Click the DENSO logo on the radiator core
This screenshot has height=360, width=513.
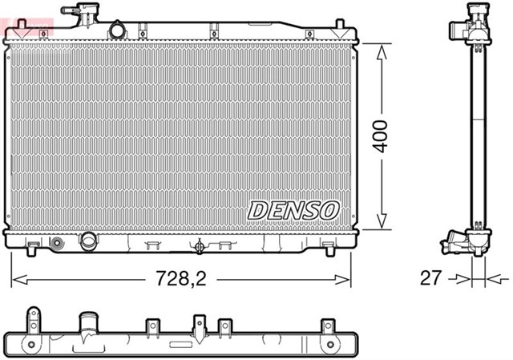pos(293,210)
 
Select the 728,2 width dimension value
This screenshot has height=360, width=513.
pos(181,278)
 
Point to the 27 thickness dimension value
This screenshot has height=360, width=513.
pos(431,278)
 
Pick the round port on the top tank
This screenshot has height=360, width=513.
pos(118,30)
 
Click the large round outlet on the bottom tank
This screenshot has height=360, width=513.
pos(87,241)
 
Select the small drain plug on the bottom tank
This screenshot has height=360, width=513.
pos(56,243)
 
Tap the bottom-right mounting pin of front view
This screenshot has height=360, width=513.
pos(330,250)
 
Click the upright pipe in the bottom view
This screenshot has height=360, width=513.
pos(87,324)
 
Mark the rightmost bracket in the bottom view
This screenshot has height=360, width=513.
pos(327,327)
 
